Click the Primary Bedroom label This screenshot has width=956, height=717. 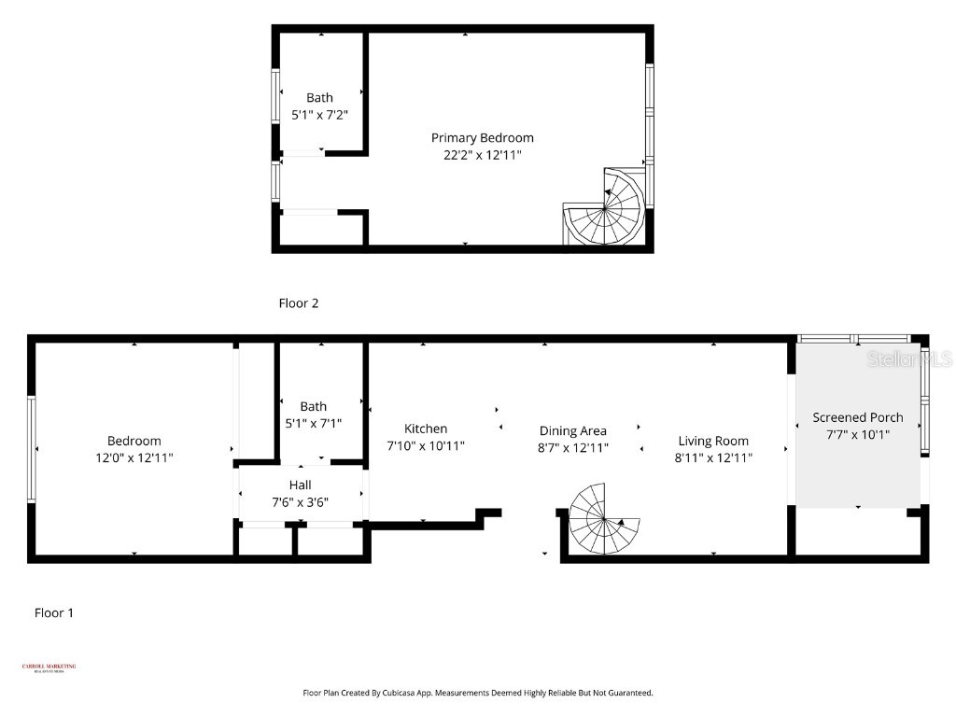point(482,138)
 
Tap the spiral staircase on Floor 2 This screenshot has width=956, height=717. point(605,209)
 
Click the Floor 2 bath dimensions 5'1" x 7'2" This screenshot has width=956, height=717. point(319,115)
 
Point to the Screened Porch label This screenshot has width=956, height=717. point(857,417)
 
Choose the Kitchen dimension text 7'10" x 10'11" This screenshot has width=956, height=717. point(426,446)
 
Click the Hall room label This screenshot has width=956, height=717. point(300,485)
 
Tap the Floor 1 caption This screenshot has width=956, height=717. point(54,613)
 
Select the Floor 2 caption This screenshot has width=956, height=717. point(299,303)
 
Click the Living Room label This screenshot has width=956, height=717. point(713,441)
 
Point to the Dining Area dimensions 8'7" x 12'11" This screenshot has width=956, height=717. point(573,448)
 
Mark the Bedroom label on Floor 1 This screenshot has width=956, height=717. point(134,441)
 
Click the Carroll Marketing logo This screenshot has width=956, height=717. point(49,668)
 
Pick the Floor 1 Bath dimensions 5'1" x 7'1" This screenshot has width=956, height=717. point(314,423)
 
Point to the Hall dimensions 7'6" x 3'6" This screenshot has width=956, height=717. point(300,501)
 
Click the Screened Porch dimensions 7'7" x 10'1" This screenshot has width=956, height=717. point(857,434)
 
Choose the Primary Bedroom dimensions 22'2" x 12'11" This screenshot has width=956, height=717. point(482,155)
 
